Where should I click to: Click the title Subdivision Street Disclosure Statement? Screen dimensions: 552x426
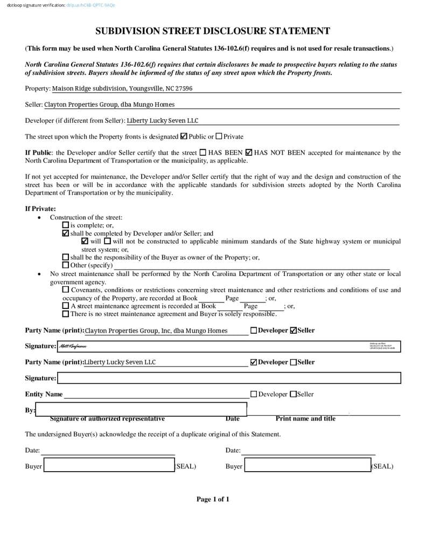click(x=213, y=31)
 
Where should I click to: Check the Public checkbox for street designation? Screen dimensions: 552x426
click(x=184, y=136)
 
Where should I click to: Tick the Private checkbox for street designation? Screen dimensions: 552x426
click(x=219, y=136)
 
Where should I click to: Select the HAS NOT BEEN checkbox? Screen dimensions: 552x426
click(x=249, y=153)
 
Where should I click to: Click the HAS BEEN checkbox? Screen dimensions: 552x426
click(x=202, y=153)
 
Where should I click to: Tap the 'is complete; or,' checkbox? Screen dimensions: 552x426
click(x=66, y=225)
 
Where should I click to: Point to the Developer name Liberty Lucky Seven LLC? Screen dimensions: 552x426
click(x=162, y=121)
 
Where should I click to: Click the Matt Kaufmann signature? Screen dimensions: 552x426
click(x=73, y=346)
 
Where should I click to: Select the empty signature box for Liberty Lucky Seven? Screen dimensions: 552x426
click(x=229, y=378)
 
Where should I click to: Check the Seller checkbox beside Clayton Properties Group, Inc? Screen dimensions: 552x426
click(x=294, y=330)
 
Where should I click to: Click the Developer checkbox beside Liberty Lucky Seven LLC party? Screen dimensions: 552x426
click(x=254, y=362)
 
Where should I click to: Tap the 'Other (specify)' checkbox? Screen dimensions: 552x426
click(x=66, y=265)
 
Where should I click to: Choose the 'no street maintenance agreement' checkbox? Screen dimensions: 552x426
click(x=66, y=314)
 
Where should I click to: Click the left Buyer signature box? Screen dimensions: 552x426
click(x=109, y=465)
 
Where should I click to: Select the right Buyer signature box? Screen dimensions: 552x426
click(x=308, y=465)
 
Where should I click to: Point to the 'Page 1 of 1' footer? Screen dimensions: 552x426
click(x=213, y=499)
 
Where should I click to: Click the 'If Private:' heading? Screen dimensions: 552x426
click(x=40, y=209)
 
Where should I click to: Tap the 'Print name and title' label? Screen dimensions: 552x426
click(x=305, y=418)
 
